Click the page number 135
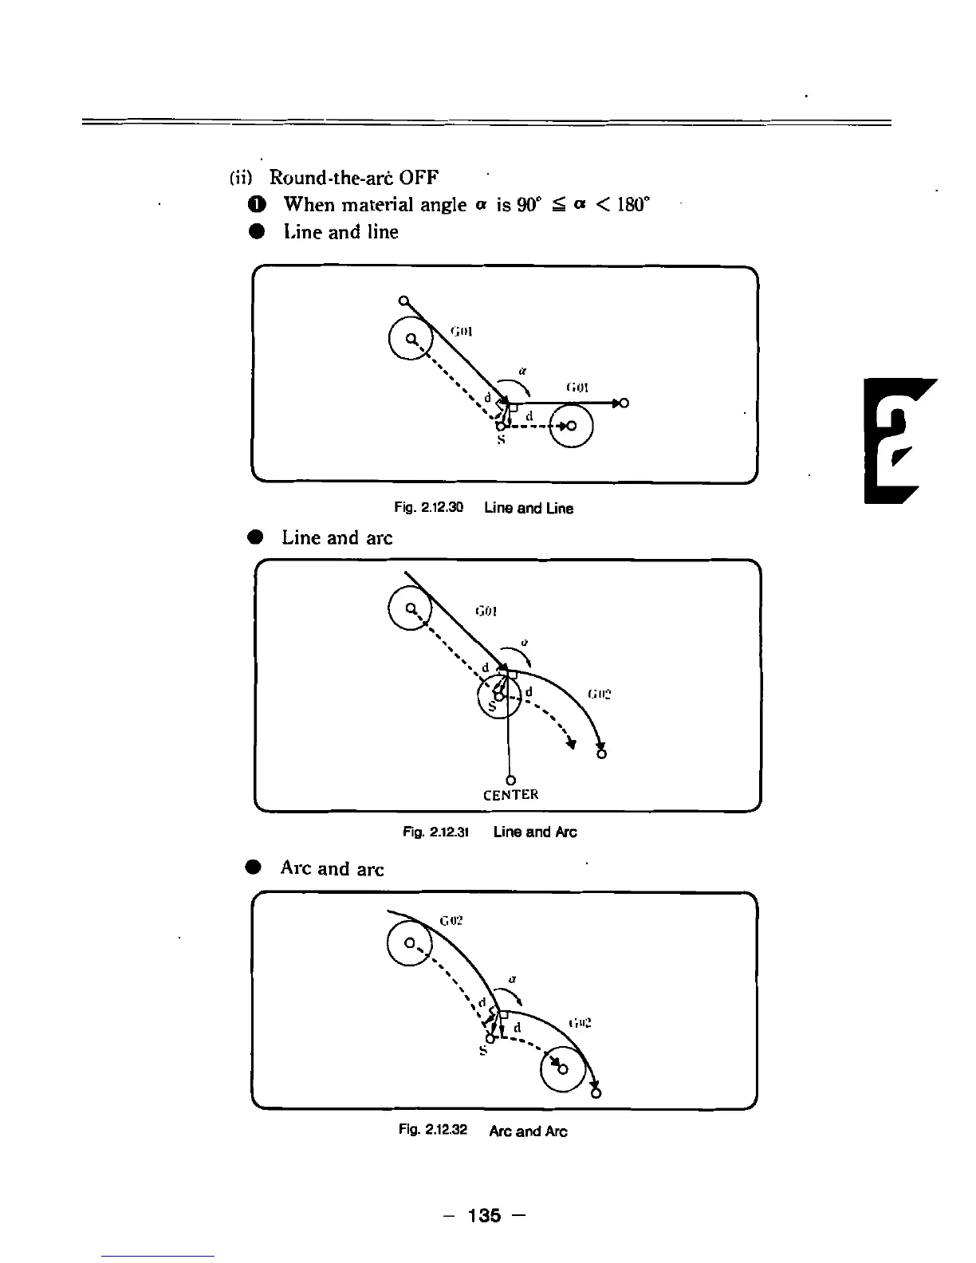(485, 1215)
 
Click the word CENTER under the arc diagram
(511, 795)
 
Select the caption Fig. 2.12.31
(435, 832)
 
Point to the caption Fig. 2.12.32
(433, 1131)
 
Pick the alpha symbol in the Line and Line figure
(521, 371)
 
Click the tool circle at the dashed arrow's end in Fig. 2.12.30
(571, 426)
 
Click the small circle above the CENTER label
(509, 780)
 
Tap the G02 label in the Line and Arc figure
(599, 694)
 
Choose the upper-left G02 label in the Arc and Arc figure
(451, 920)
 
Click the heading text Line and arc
(336, 537)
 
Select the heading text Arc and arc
(332, 868)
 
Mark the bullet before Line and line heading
(255, 232)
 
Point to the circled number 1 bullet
(255, 204)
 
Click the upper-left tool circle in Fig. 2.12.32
(408, 943)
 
